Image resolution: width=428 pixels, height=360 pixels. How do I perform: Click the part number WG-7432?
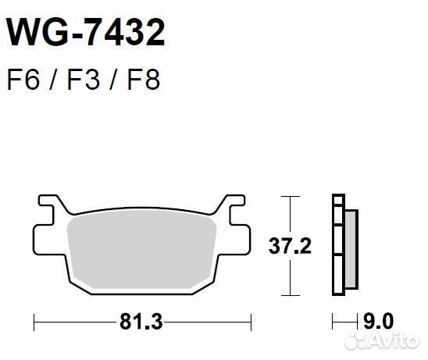click(x=86, y=34)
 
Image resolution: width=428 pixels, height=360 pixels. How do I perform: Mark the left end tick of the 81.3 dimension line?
click(x=34, y=321)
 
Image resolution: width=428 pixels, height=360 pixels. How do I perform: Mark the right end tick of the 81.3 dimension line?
click(x=251, y=321)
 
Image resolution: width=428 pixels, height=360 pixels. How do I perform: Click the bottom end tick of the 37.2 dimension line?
click(x=291, y=296)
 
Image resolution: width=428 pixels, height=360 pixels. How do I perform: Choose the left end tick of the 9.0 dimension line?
click(x=333, y=321)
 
